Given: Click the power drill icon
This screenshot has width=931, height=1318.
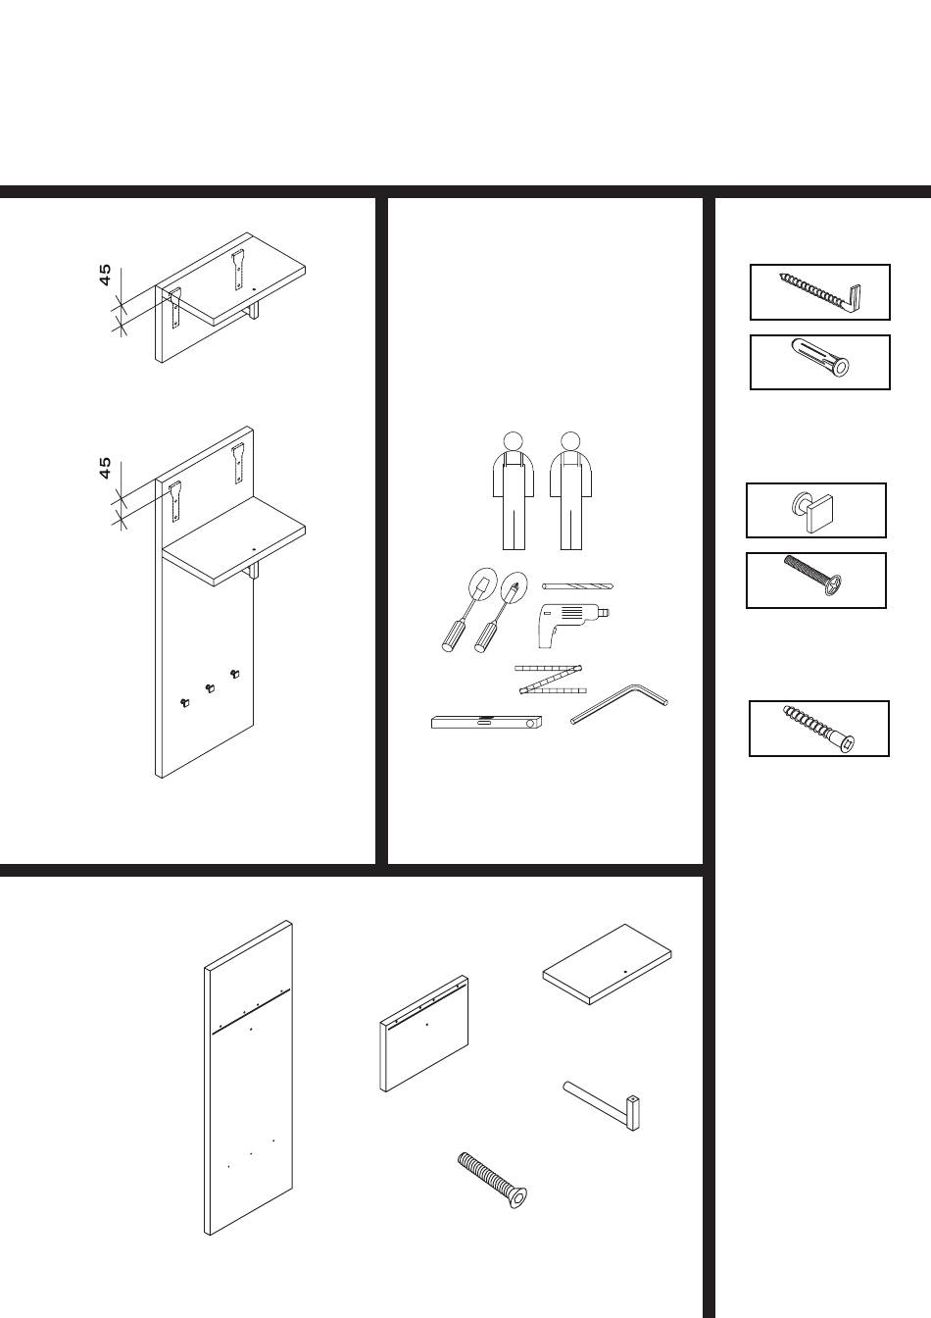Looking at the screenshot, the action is pyautogui.click(x=571, y=625).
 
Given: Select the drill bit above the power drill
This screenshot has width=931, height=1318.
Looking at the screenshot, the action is pyautogui.click(x=577, y=586).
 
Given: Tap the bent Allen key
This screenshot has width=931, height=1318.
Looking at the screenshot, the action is pyautogui.click(x=618, y=703).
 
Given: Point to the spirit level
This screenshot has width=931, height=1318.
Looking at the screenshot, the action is pyautogui.click(x=486, y=722).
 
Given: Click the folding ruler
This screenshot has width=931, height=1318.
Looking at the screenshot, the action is pyautogui.click(x=551, y=679).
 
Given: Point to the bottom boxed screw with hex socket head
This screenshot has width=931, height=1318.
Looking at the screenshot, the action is pyautogui.click(x=818, y=729).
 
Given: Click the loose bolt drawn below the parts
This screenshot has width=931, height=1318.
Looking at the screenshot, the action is pyautogui.click(x=492, y=1181).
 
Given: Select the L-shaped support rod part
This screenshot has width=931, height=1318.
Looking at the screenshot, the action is pyautogui.click(x=602, y=1105).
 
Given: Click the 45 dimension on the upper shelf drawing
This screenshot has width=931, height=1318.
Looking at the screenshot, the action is pyautogui.click(x=105, y=275).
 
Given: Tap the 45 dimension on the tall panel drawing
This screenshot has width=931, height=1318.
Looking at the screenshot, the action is pyautogui.click(x=105, y=468).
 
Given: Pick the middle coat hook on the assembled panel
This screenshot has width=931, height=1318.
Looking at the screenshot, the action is pyautogui.click(x=210, y=687).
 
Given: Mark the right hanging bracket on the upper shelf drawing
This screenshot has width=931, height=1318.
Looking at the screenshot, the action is pyautogui.click(x=237, y=270).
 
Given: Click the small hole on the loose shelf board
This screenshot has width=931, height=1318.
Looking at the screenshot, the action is pyautogui.click(x=625, y=972).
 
